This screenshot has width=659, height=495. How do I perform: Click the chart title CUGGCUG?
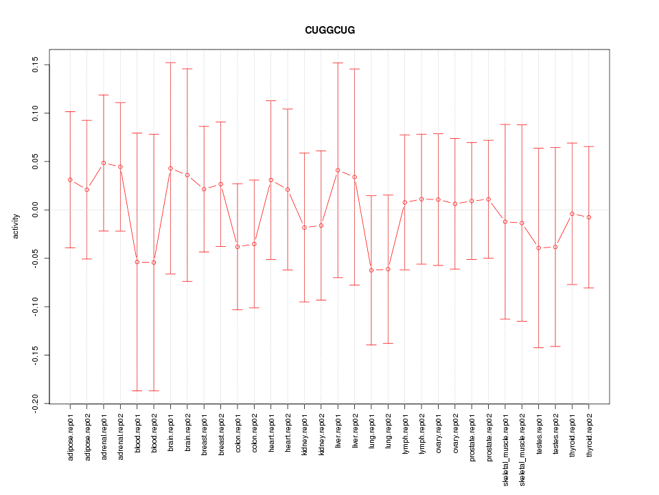(329, 31)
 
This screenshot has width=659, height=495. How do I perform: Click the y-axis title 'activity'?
(16, 226)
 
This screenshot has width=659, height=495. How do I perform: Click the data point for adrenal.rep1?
(104, 163)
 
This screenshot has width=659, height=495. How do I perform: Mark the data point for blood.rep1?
(137, 262)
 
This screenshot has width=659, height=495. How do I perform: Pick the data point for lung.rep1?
(371, 270)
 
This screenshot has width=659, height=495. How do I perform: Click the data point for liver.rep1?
(338, 170)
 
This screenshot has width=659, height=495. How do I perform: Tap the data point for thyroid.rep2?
(589, 217)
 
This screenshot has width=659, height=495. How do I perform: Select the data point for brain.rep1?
(170, 168)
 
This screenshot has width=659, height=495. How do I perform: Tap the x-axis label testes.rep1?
(539, 439)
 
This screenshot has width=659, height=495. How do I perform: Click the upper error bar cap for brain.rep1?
(170, 63)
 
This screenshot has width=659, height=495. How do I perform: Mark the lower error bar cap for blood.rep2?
(154, 390)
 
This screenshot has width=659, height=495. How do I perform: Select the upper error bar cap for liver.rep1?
(338, 63)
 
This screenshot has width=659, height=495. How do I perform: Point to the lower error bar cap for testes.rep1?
(539, 348)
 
